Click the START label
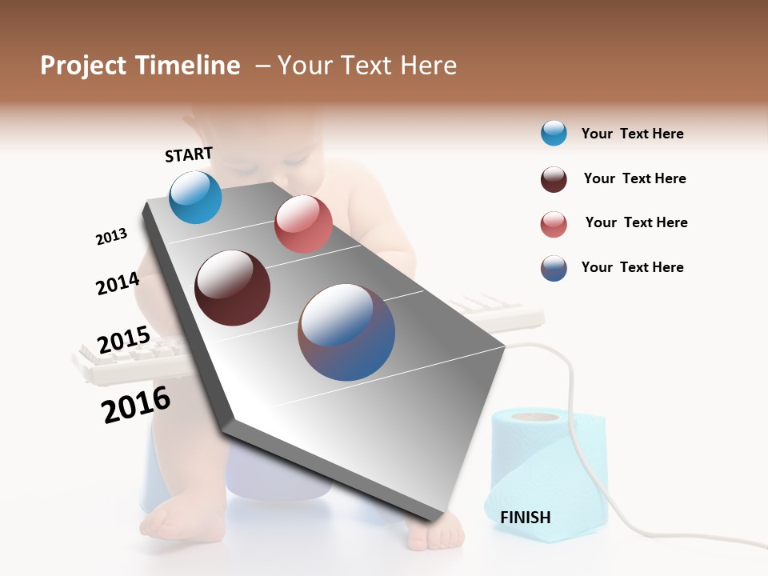coord(189,154)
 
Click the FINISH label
coord(525,518)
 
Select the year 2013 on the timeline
coord(111,237)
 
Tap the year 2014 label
coord(118,284)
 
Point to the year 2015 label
coord(123,340)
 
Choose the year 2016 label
coord(136,405)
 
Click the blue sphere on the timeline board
coord(195,198)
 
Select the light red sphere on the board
coord(303,224)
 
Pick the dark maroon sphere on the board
coord(232,288)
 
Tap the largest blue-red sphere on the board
coord(346,332)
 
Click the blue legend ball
coord(554,133)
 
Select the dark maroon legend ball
coord(554,179)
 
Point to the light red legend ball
coord(554,224)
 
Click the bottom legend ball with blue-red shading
coord(554,268)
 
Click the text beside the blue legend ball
coord(632,134)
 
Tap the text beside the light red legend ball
coord(636,222)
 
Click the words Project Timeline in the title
coord(140,66)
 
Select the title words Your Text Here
coord(367,66)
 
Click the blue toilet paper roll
coord(544,472)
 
